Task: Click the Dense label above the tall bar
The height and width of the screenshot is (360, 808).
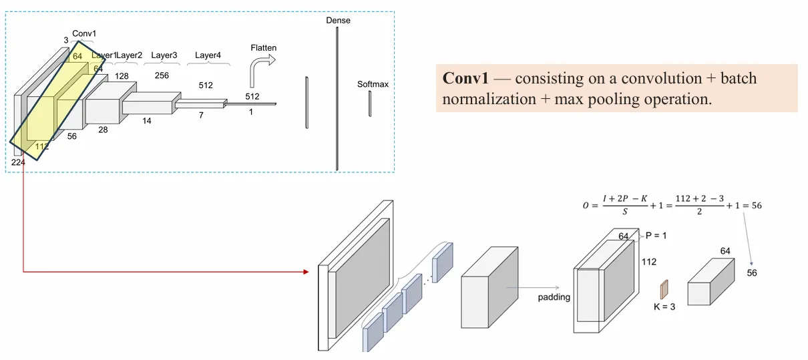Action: pyautogui.click(x=338, y=21)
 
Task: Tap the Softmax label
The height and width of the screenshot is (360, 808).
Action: pyautogui.click(x=373, y=85)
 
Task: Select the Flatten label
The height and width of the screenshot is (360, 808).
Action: pyautogui.click(x=263, y=48)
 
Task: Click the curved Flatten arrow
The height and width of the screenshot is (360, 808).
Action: pyautogui.click(x=260, y=71)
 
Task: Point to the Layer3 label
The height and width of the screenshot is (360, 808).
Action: pyautogui.click(x=164, y=55)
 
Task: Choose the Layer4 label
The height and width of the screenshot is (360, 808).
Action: pyautogui.click(x=208, y=55)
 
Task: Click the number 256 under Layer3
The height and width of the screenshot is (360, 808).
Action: pyautogui.click(x=162, y=75)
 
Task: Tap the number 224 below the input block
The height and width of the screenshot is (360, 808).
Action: pyautogui.click(x=18, y=162)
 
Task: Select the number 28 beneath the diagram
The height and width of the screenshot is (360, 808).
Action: pyautogui.click(x=103, y=130)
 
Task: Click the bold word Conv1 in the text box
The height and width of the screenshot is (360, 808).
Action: pyautogui.click(x=466, y=79)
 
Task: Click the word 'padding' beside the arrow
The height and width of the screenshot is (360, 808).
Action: pyautogui.click(x=554, y=297)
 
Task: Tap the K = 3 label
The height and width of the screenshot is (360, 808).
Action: pyautogui.click(x=664, y=307)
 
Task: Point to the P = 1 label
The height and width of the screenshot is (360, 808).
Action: pyautogui.click(x=656, y=236)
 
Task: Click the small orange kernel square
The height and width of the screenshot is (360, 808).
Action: pyautogui.click(x=664, y=289)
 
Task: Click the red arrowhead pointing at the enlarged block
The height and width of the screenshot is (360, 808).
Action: pyautogui.click(x=305, y=272)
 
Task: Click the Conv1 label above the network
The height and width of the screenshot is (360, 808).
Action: pyautogui.click(x=84, y=33)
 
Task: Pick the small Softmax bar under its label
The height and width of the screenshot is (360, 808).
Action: pyautogui.click(x=369, y=104)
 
